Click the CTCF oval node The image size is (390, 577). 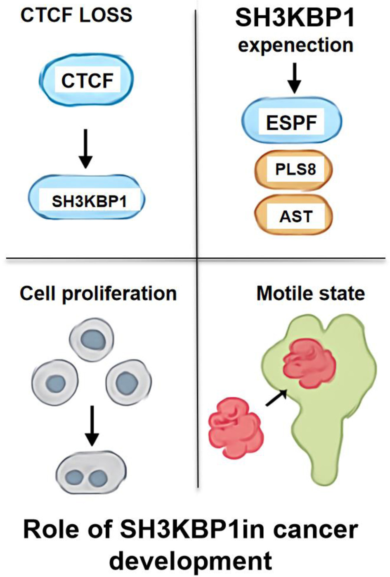click(x=87, y=80)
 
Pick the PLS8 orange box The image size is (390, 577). click(x=293, y=169)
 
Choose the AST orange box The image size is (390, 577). click(x=293, y=215)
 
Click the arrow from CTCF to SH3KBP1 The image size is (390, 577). click(x=85, y=148)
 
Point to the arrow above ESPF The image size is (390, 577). click(x=294, y=78)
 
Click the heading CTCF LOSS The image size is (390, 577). click(x=76, y=15)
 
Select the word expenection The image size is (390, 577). click(x=295, y=45)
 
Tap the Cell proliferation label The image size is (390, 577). click(x=98, y=294)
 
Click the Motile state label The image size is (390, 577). click(x=310, y=294)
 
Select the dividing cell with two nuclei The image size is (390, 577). click(x=91, y=471)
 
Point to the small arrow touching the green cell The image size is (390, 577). click(x=276, y=398)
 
